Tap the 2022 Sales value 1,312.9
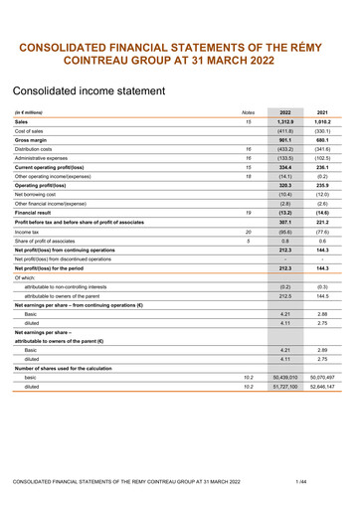[x=285, y=121]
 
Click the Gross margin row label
[x=34, y=140]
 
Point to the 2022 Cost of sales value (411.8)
[x=285, y=131]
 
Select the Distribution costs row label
[x=38, y=149]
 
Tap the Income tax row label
[x=29, y=231]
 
